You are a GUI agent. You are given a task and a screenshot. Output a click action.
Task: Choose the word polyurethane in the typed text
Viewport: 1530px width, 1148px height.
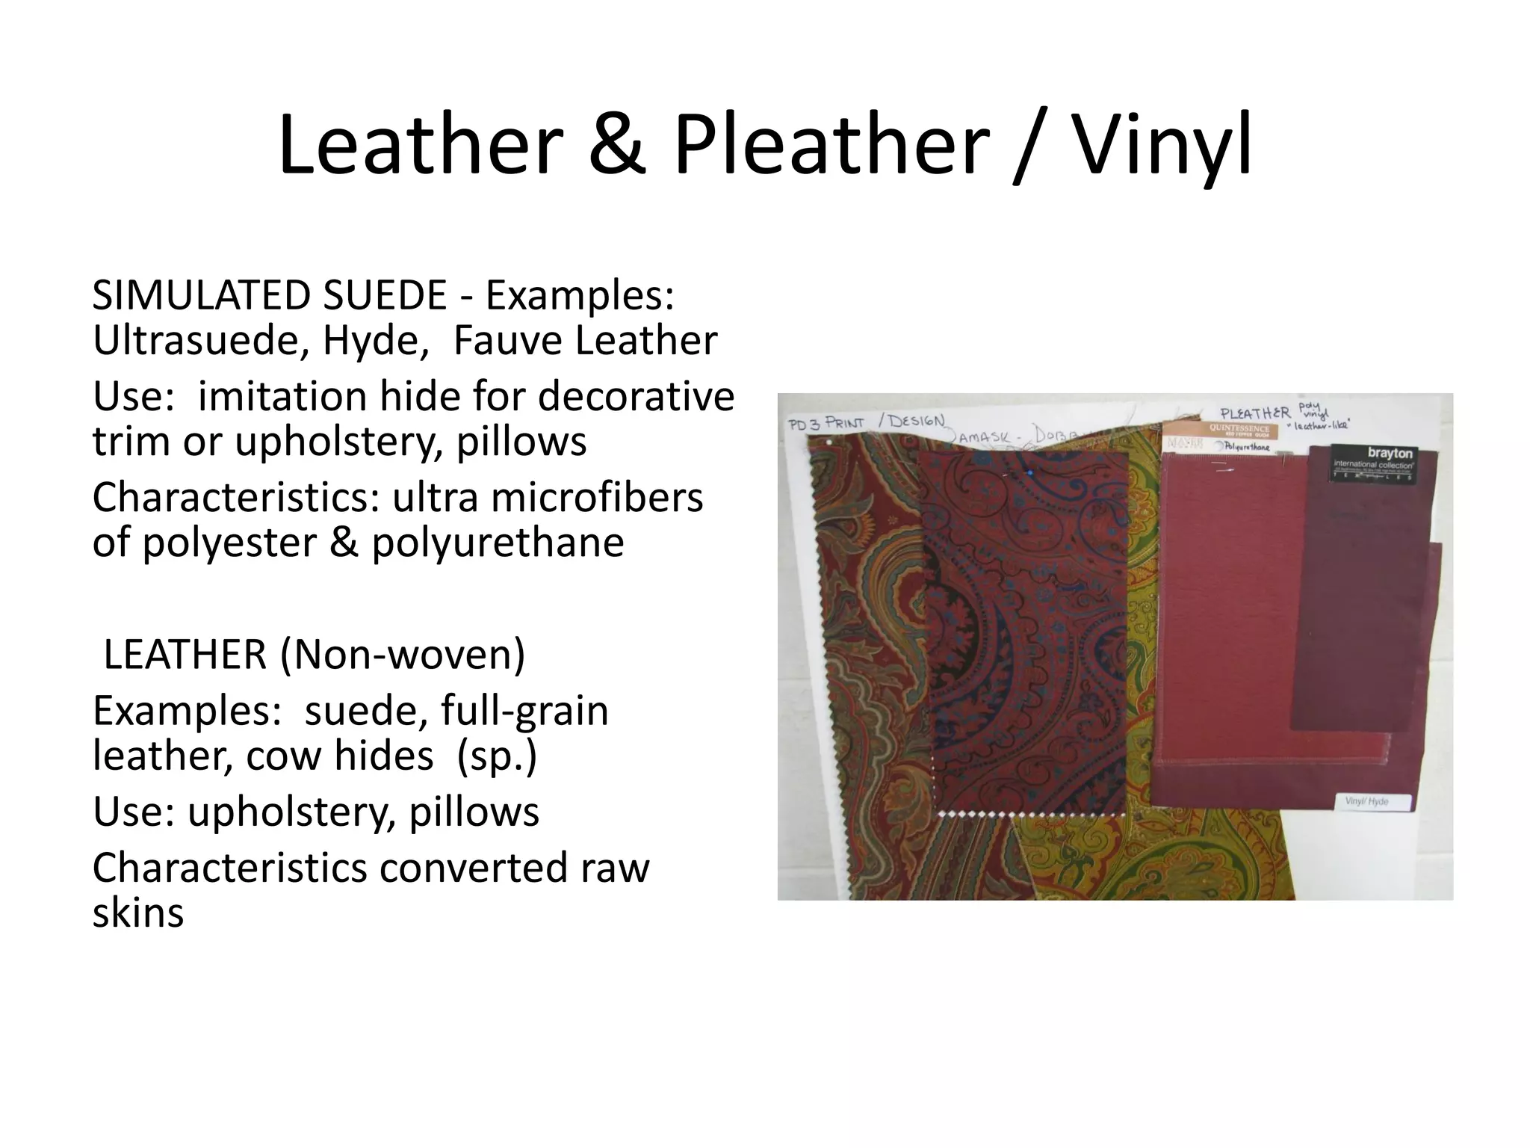tap(498, 543)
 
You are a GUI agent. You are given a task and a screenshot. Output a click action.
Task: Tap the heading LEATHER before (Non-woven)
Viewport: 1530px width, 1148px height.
tap(185, 655)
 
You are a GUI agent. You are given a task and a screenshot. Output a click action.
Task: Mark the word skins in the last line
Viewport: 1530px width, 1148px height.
tap(138, 913)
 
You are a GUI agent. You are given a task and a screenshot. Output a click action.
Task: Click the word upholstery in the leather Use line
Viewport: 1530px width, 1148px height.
tap(290, 812)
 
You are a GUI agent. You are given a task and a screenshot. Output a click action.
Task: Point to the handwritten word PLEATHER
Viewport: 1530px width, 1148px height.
tap(1255, 413)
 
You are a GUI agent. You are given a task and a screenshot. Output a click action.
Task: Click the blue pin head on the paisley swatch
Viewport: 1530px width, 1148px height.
tap(1030, 472)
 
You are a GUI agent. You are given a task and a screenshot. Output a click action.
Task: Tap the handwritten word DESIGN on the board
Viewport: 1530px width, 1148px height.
tap(916, 421)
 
